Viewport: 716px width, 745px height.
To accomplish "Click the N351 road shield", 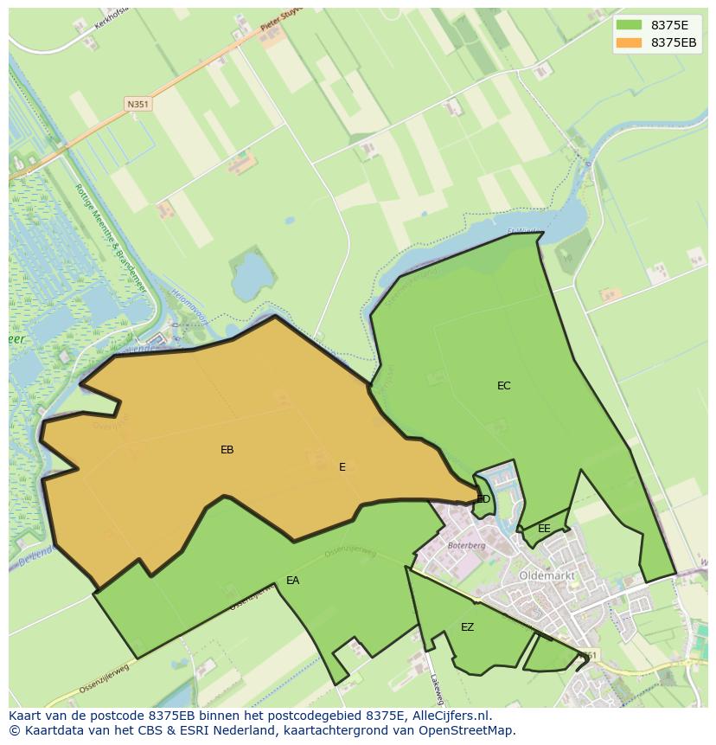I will (x=137, y=104).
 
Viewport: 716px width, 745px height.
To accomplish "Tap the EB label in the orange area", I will (x=227, y=450).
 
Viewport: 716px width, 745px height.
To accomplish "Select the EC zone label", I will (x=503, y=386).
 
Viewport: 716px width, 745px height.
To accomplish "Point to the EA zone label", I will (x=292, y=581).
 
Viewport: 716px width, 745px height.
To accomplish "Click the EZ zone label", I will (x=467, y=627).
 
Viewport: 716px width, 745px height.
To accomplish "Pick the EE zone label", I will (x=544, y=529).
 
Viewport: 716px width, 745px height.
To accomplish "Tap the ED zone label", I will (x=483, y=499).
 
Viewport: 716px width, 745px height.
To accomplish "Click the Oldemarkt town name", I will (x=547, y=575).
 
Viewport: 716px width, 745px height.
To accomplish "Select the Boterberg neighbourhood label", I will (x=466, y=546).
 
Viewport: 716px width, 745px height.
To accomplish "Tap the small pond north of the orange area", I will (x=252, y=274).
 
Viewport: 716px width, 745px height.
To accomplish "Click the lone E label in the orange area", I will (x=342, y=467).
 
